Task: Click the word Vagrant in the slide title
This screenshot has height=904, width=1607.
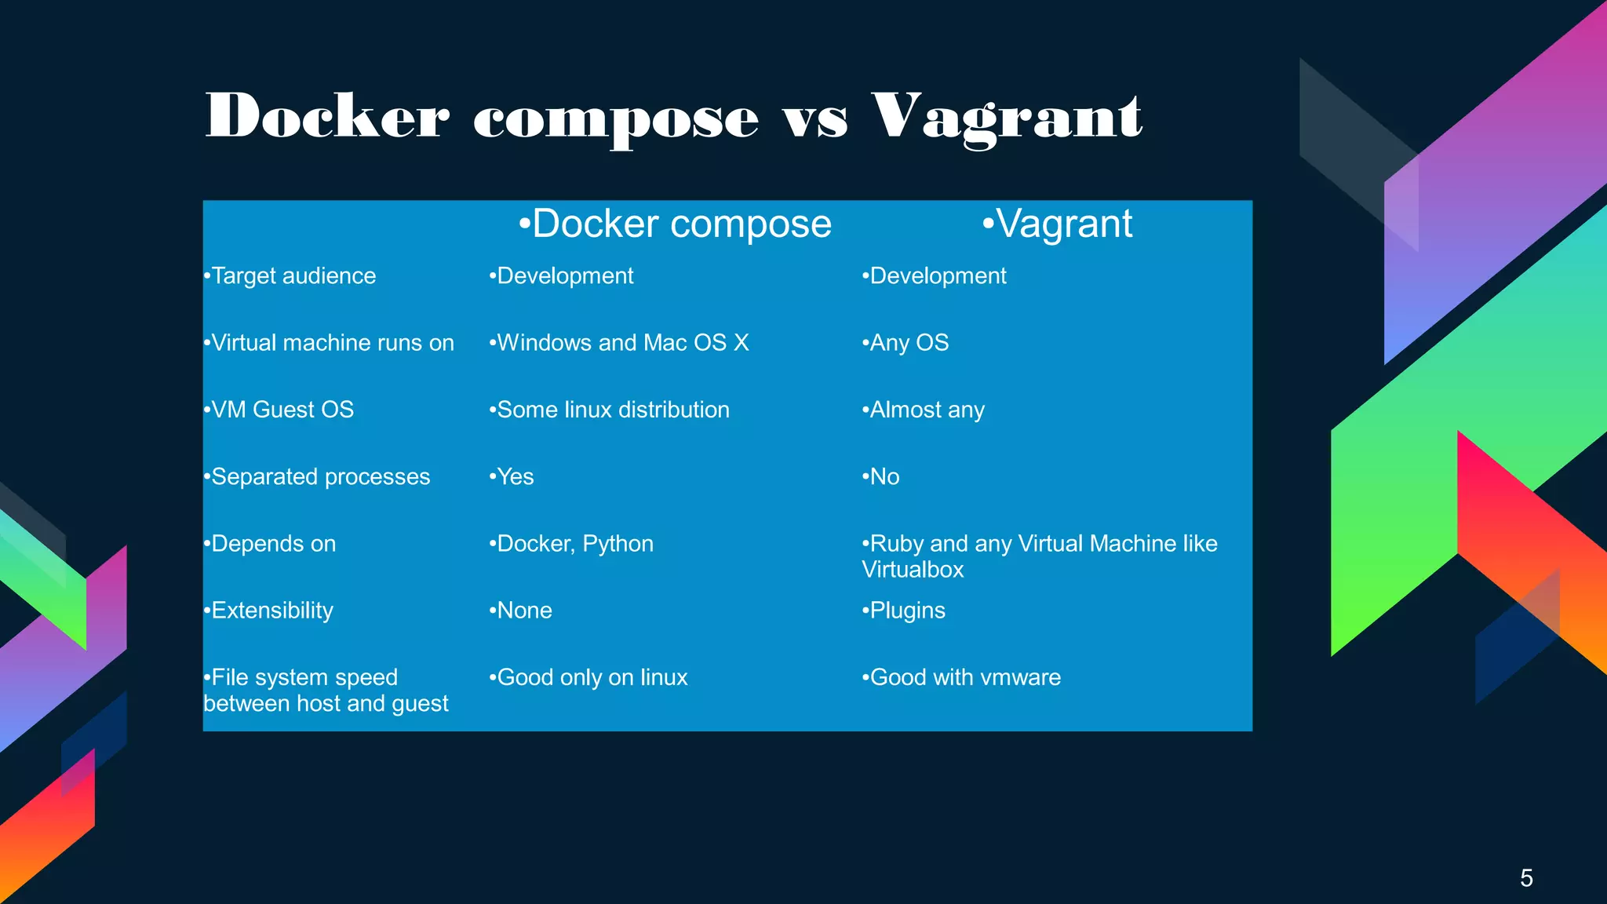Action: click(x=1006, y=118)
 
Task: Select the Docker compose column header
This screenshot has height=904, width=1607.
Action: click(x=675, y=224)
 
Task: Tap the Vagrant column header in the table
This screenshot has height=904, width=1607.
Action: click(x=1057, y=224)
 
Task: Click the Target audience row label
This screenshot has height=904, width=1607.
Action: click(x=290, y=276)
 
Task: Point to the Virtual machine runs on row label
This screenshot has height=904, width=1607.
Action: click(x=329, y=343)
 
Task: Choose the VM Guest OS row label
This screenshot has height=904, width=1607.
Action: click(x=279, y=410)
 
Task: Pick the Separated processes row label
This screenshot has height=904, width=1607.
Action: click(x=317, y=477)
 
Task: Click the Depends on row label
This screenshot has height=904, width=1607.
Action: click(x=270, y=544)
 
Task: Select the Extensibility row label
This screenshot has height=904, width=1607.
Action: click(x=268, y=611)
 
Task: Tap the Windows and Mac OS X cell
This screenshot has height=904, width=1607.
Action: click(x=619, y=343)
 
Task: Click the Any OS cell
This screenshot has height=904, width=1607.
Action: click(x=906, y=343)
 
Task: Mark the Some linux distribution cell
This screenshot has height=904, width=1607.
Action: click(x=609, y=410)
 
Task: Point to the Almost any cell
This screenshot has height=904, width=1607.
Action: click(x=923, y=410)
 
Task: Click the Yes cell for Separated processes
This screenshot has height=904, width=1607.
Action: click(x=512, y=477)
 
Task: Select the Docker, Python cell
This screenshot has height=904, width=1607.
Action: click(x=571, y=544)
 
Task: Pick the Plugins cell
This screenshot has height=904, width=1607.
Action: click(x=904, y=611)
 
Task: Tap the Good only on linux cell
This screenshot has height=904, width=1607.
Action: click(x=589, y=677)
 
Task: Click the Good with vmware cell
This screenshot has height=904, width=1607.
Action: click(x=961, y=677)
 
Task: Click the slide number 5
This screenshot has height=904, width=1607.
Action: click(x=1526, y=877)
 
